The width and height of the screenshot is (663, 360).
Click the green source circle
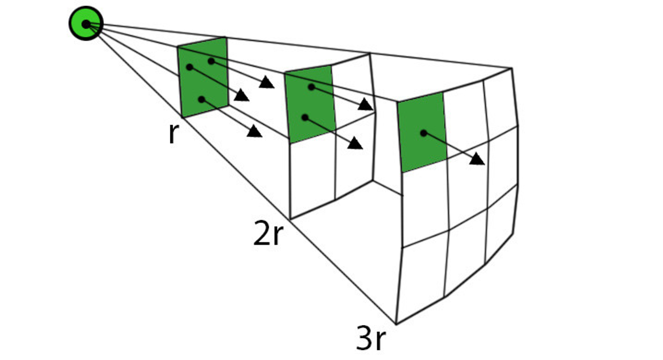86,23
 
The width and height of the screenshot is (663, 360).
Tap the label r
172,134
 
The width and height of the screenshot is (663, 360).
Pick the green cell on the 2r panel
310,105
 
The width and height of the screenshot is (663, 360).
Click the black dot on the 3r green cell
423,133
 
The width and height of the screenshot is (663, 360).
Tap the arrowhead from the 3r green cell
477,159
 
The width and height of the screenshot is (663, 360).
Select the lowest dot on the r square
201,99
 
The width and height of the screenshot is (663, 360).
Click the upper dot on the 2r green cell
312,87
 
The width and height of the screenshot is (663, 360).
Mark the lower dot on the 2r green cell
305,117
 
